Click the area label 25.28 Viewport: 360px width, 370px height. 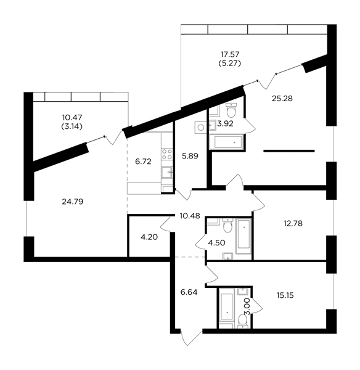(282, 99)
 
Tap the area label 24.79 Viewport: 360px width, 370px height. (72, 202)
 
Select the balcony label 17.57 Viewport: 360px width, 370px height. (230, 54)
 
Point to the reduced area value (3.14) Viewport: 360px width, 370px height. (72, 126)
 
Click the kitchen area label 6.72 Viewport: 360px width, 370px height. (143, 162)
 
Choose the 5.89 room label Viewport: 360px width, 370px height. (190, 156)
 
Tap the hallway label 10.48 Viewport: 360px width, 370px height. (190, 216)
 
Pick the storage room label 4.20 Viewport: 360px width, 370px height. (149, 237)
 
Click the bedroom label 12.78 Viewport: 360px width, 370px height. (293, 223)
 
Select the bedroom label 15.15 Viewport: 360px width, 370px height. (285, 295)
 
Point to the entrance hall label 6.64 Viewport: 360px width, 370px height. (189, 292)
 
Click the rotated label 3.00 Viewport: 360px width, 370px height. (247, 306)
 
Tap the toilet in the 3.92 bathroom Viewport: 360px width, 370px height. (231, 110)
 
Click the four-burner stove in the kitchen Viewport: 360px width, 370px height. (167, 154)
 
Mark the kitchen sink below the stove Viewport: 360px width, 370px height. (167, 172)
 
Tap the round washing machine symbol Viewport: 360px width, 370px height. (201, 128)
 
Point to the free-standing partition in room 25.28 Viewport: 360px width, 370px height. (289, 151)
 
